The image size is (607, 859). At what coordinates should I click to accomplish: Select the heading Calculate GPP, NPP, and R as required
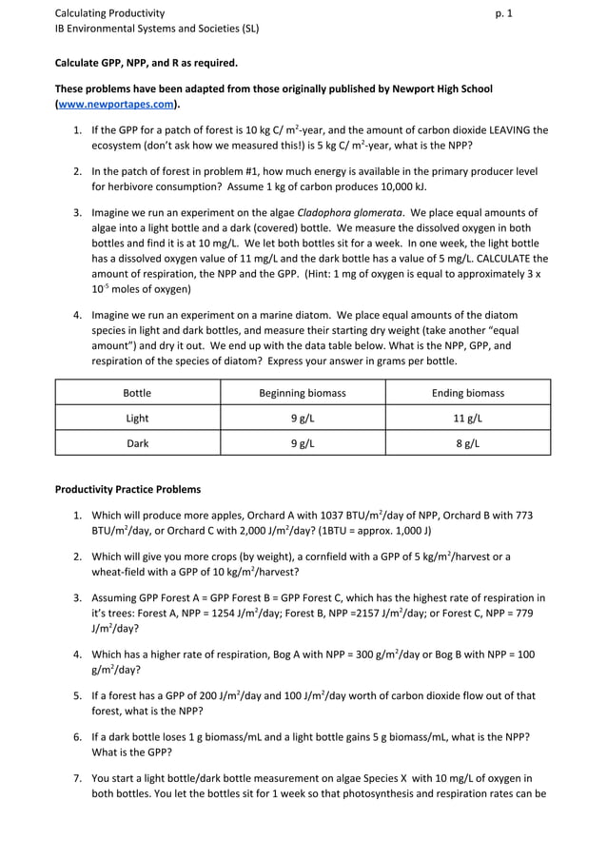click(x=146, y=63)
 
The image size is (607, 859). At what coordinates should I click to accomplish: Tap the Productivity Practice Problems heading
click(x=127, y=490)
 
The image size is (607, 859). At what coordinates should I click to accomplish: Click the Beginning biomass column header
click(x=303, y=393)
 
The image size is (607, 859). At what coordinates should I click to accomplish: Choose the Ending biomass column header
click(x=467, y=393)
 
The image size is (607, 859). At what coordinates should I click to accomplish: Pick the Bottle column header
click(x=137, y=393)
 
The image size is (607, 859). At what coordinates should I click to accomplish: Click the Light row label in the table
click(x=137, y=418)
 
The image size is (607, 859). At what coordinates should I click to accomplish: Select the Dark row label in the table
click(x=137, y=442)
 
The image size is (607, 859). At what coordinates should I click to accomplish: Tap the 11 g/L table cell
click(x=467, y=418)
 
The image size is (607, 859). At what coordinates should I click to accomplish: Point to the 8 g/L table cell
click(x=467, y=442)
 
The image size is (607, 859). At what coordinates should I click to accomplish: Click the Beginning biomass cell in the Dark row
click(x=303, y=442)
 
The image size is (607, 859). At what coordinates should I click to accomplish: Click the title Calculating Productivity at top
click(x=109, y=13)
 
